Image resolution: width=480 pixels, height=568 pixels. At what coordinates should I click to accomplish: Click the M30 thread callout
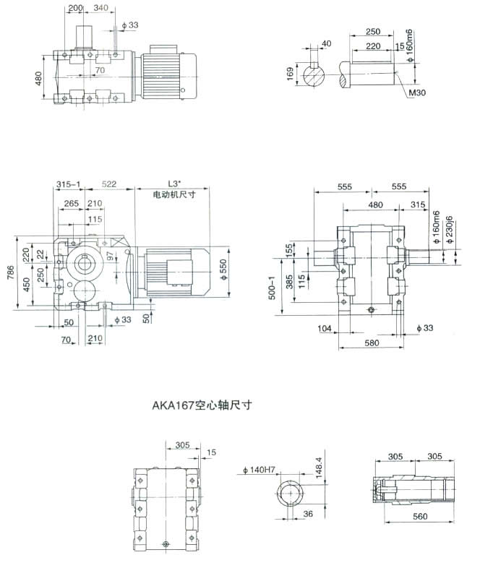tap(417, 93)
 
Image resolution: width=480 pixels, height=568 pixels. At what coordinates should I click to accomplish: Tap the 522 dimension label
tap(110, 186)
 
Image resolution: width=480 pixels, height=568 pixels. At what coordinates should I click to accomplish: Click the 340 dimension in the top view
tap(101, 8)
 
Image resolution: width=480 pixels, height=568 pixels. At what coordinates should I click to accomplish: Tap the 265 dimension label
tap(71, 204)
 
